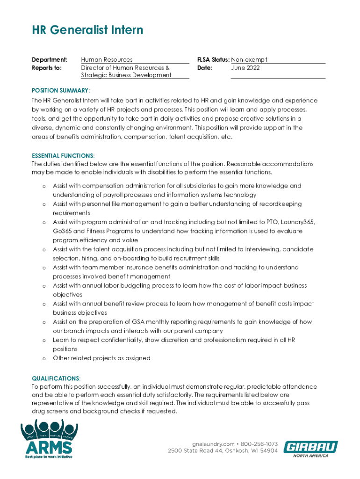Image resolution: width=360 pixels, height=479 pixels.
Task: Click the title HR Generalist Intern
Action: point(87,31)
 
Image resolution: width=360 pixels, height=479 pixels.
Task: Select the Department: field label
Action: point(50,60)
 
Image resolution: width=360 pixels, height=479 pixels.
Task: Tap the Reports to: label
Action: point(46,68)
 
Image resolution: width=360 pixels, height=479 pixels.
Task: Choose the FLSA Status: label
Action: point(214,60)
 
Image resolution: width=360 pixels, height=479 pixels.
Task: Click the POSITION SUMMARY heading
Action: point(60,90)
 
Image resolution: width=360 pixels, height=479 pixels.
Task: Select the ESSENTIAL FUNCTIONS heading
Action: point(63,155)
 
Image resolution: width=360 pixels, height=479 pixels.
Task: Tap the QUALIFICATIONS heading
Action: point(56,378)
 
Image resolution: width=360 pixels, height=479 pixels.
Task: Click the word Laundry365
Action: point(297,222)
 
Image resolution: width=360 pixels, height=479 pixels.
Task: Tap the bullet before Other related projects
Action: point(44,358)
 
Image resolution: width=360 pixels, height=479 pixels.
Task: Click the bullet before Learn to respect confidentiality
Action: point(44,340)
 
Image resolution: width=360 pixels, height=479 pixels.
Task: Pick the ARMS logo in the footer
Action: point(49,440)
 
